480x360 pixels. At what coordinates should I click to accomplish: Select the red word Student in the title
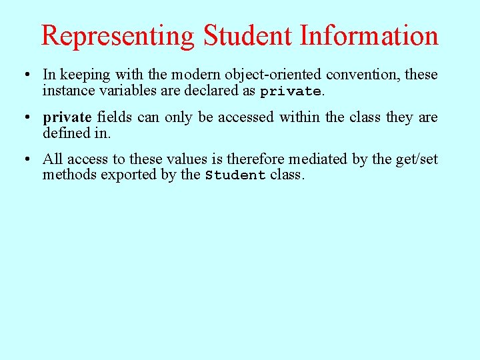click(x=248, y=36)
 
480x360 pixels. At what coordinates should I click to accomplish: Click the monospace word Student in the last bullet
click(x=235, y=175)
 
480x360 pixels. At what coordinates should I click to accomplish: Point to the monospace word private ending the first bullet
click(x=291, y=91)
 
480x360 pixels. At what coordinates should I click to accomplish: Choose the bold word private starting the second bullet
click(x=67, y=118)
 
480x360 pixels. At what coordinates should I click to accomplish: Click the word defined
click(x=64, y=133)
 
